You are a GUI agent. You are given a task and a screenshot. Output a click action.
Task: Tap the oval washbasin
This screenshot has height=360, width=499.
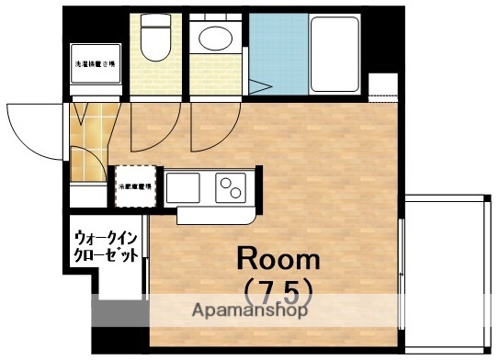point(217,39)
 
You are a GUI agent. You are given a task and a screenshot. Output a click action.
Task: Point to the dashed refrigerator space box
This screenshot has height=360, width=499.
point(134,187)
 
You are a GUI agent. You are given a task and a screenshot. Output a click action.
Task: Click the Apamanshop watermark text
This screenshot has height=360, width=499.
point(249,310)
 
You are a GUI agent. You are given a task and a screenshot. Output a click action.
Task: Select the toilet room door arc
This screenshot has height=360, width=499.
point(147,129)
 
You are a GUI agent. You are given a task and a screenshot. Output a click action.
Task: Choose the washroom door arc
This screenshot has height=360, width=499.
point(208,129)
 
